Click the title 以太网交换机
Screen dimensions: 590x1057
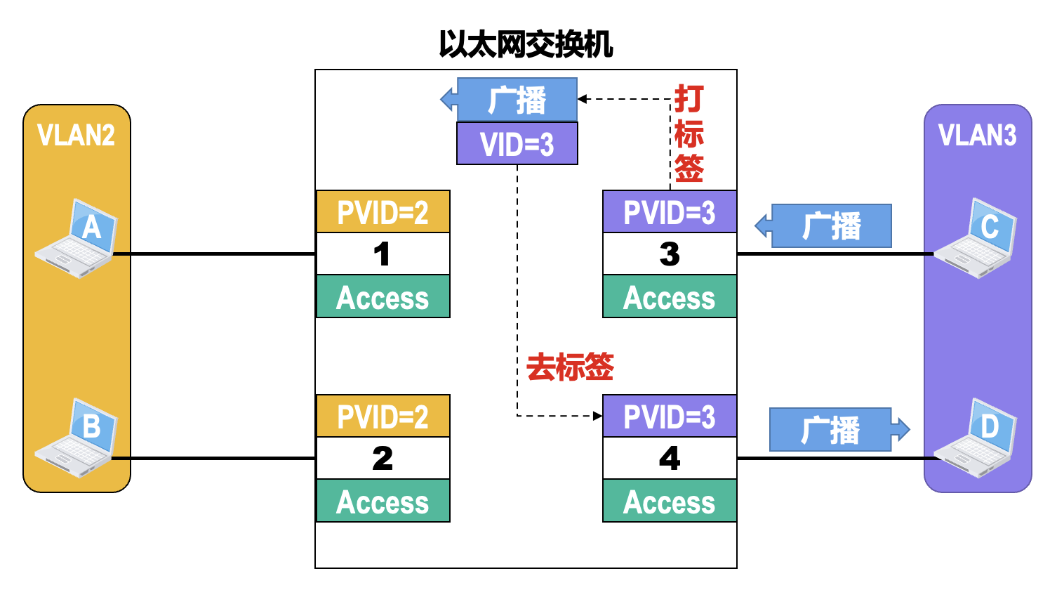click(526, 44)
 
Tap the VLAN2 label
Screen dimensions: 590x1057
click(76, 135)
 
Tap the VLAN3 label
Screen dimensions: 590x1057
click(977, 135)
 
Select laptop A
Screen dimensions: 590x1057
click(77, 239)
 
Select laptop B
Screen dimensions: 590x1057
click(77, 439)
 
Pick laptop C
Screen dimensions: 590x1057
click(977, 239)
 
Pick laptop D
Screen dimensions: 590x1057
click(977, 439)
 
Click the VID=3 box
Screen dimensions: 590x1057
click(517, 144)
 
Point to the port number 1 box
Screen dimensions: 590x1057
click(383, 254)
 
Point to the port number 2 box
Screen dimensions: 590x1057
click(383, 459)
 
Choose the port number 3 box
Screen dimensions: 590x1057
click(670, 254)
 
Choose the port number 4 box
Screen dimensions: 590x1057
click(670, 459)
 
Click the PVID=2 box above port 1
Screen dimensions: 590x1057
click(383, 212)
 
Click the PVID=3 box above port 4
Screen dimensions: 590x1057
click(670, 417)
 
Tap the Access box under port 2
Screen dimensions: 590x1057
click(383, 501)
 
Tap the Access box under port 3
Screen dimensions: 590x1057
click(670, 297)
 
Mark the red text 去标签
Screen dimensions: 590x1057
click(570, 367)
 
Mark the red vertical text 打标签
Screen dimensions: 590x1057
click(689, 133)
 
